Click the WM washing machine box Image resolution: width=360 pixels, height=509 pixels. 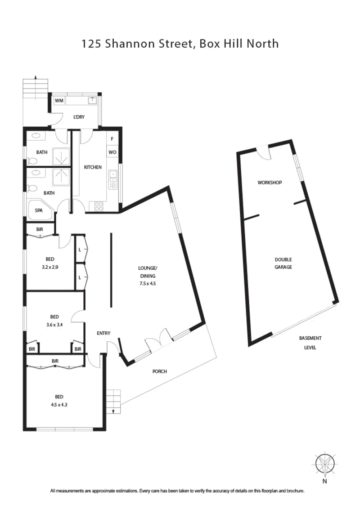59,101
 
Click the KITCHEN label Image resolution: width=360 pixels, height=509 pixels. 93,167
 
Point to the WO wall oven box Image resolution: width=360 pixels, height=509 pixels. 112,152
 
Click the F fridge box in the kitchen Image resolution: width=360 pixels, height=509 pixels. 112,139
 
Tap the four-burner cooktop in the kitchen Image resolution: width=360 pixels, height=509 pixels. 98,206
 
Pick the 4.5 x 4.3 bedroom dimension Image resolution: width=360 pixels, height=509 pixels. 58,404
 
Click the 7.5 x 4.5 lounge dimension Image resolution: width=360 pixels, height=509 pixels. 147,283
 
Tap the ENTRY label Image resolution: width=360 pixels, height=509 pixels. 103,333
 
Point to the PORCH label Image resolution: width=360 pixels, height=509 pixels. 160,371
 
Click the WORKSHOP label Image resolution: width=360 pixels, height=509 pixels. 270,183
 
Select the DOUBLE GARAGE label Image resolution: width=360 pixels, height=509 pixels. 283,263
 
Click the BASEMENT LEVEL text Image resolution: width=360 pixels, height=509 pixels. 310,343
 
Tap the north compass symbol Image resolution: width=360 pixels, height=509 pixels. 324,464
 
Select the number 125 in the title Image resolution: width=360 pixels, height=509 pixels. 90,44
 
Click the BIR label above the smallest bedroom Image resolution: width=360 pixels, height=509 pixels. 40,229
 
